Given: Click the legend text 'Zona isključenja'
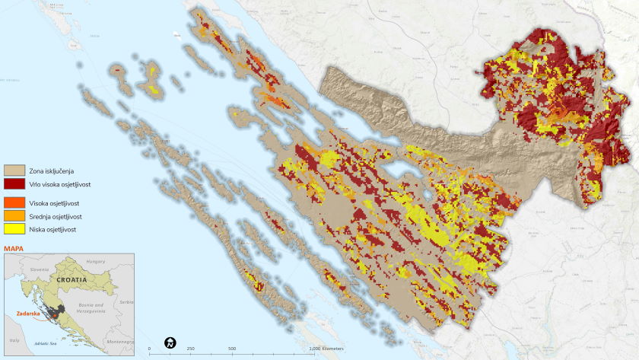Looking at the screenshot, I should [x=52, y=170].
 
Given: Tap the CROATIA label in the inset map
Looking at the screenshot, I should [x=70, y=280].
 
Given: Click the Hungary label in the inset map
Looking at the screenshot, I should [x=96, y=261].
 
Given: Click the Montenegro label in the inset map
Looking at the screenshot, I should [x=119, y=341].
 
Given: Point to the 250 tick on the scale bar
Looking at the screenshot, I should [x=190, y=349].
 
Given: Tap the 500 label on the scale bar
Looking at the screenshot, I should [x=231, y=349].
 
